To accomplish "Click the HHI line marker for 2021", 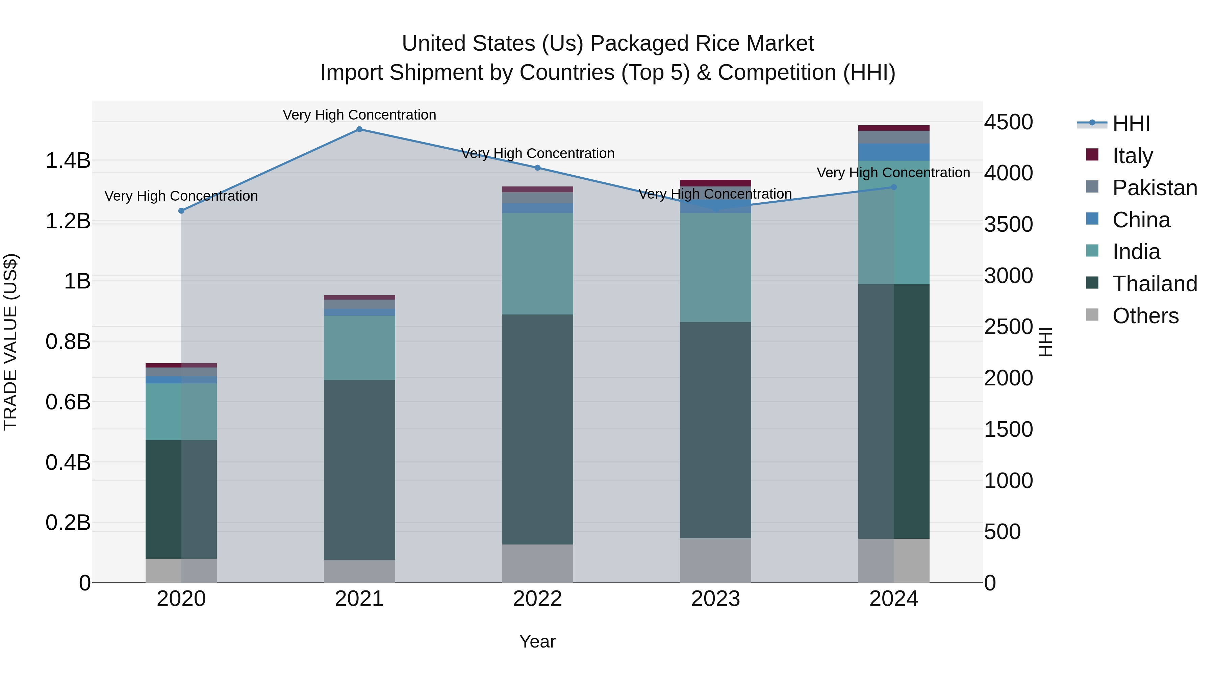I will [x=359, y=129].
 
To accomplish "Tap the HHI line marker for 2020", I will [x=181, y=210].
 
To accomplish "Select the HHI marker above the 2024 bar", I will [x=893, y=187].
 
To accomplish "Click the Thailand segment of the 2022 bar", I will [x=537, y=430].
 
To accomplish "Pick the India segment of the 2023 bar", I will [x=715, y=268].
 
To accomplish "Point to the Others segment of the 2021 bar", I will [x=359, y=571].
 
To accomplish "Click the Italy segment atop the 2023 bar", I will [x=715, y=183].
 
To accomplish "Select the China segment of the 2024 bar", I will [x=893, y=152].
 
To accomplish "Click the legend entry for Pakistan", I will [x=1154, y=188].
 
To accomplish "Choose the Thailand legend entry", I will [x=1154, y=284].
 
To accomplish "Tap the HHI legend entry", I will [x=1131, y=124].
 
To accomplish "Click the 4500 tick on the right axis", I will [x=1008, y=122].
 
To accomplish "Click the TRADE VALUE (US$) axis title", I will [x=10, y=342].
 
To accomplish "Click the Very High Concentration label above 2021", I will [x=359, y=115].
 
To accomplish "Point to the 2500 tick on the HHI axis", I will [x=1008, y=327].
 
